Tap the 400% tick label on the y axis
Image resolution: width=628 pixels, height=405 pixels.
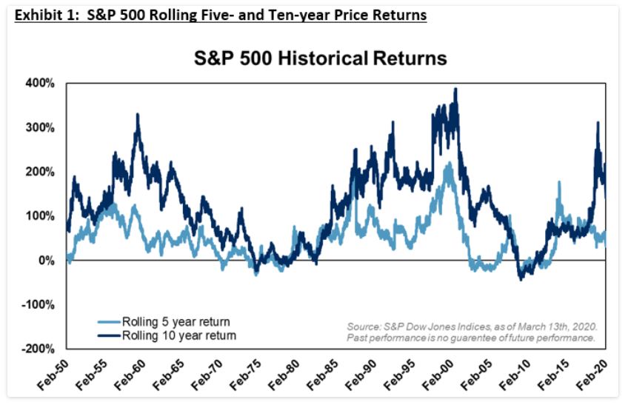(41, 83)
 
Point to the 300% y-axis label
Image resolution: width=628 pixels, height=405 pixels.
(41, 127)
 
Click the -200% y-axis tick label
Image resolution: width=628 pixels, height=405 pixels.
(38, 349)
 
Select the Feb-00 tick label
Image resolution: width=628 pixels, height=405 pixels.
(437, 375)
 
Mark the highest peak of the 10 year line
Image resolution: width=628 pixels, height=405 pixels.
(455, 90)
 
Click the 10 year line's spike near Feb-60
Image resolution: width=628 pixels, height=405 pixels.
(138, 115)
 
